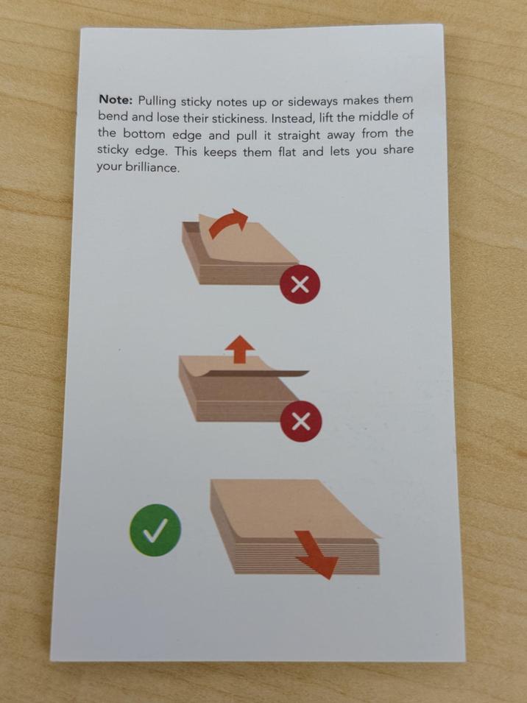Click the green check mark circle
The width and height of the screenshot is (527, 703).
[x=155, y=529]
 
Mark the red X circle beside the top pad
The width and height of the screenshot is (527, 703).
[x=300, y=285]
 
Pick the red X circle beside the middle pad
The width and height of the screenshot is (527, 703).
[x=301, y=422]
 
